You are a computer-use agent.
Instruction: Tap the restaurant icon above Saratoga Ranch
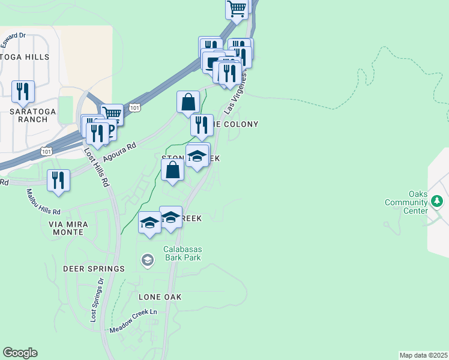23,91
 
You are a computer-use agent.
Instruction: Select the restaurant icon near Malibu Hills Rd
58,179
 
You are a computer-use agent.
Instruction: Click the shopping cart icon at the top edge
237,8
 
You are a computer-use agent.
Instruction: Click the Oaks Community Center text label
409,202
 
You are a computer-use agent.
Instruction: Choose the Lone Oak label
160,297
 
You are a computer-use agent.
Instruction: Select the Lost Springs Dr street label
97,299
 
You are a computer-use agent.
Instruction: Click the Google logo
20,353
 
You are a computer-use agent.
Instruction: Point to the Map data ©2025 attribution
424,355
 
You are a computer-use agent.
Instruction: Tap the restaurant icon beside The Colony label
202,125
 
